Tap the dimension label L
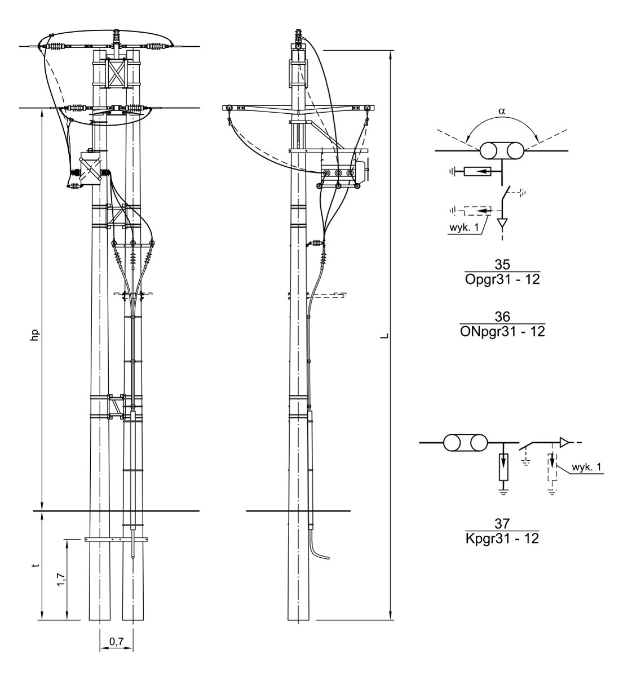point(384,336)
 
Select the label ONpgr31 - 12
point(502,332)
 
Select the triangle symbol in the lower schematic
point(564,443)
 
